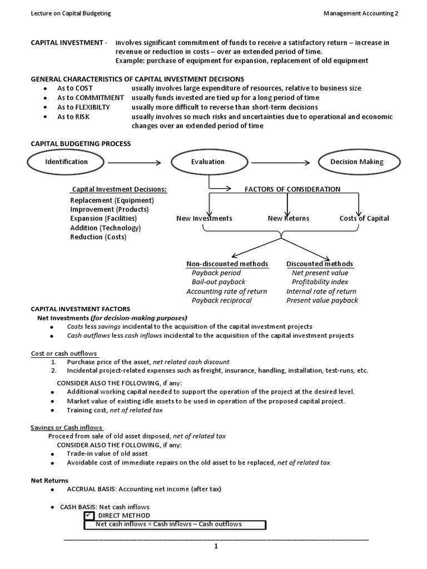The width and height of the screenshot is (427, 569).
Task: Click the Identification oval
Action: click(x=66, y=162)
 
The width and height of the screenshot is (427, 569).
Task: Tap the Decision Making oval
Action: click(x=356, y=162)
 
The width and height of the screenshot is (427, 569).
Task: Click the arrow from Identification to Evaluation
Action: click(x=133, y=162)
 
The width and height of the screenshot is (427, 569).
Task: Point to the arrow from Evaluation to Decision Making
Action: click(x=281, y=162)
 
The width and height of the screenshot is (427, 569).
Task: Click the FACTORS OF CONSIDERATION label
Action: click(x=292, y=189)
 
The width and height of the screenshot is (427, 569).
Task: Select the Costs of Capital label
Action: click(x=364, y=218)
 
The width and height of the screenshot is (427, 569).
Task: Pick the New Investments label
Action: click(x=204, y=218)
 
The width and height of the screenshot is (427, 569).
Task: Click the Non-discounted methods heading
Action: click(x=227, y=264)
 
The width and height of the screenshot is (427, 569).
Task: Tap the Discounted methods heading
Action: click(x=319, y=264)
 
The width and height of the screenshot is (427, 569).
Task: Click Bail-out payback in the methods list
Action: click(x=218, y=282)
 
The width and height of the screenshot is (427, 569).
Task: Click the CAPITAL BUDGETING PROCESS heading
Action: click(x=81, y=144)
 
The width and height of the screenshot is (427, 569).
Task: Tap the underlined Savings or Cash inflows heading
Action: click(x=66, y=427)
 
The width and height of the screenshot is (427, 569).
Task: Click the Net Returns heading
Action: click(x=49, y=480)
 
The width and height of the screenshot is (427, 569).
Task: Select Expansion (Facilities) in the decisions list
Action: click(x=103, y=218)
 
